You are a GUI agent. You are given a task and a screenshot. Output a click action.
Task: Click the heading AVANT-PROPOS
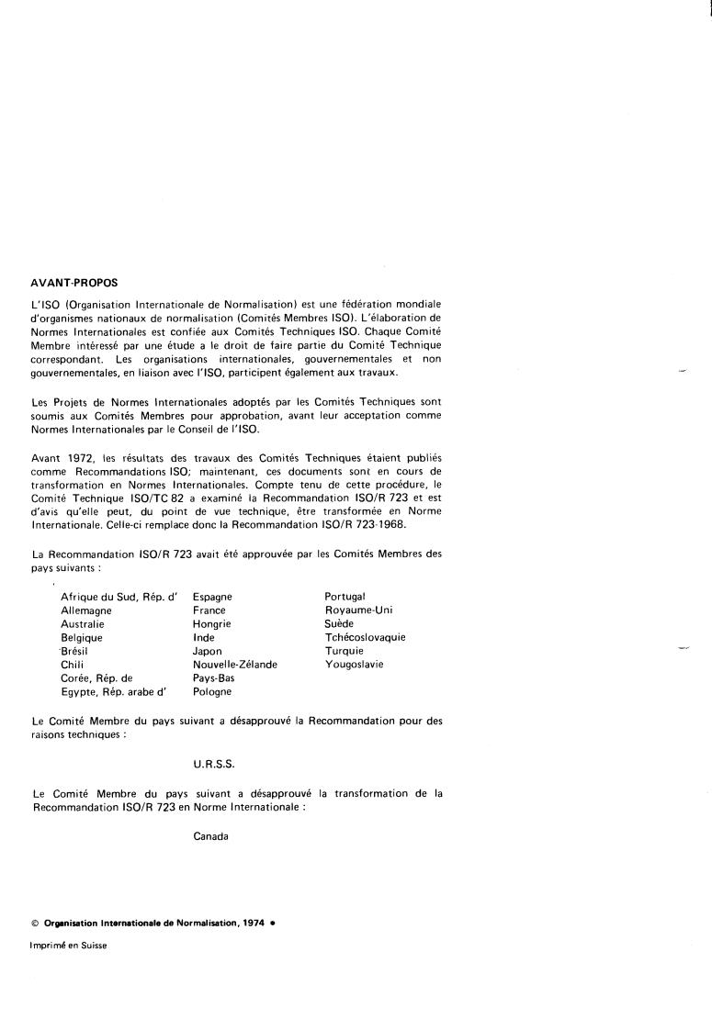[74, 283]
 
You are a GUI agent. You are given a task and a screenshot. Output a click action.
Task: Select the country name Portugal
[345, 597]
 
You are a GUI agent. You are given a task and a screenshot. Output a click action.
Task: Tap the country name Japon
[208, 651]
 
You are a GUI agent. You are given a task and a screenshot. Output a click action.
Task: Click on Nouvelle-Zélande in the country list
[235, 665]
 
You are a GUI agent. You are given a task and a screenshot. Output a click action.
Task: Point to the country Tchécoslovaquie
[365, 637]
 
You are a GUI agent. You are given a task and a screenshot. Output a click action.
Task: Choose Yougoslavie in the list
[354, 665]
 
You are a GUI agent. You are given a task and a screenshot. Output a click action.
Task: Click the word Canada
[210, 836]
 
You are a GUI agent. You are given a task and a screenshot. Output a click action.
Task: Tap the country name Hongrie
[212, 624]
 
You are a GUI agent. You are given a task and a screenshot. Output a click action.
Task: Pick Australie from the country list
[82, 624]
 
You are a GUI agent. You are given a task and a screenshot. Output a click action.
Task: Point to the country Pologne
[212, 692]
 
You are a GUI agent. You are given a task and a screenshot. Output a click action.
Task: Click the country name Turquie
[345, 651]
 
